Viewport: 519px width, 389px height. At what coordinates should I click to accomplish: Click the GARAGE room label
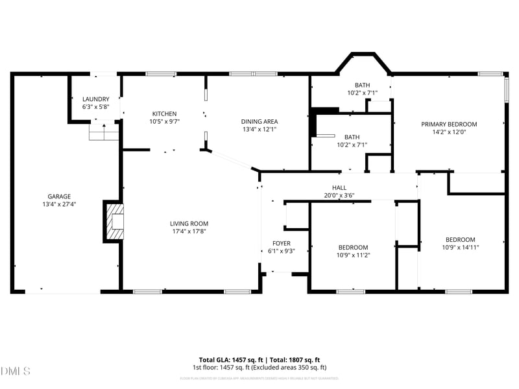59,196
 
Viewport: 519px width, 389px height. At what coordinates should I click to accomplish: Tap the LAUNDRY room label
95,99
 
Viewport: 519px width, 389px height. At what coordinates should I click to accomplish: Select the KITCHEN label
164,113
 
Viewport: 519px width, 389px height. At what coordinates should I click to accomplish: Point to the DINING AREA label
259,121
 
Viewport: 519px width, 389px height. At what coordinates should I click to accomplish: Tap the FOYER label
281,243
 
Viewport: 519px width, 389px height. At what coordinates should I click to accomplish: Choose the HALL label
339,187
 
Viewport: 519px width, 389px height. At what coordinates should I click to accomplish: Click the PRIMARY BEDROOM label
449,124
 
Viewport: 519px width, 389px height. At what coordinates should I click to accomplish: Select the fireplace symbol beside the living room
115,220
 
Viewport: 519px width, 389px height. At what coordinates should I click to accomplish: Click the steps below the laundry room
104,134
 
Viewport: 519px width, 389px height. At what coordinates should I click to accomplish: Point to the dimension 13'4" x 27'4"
59,204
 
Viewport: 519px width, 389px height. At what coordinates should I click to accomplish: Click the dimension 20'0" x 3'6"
339,194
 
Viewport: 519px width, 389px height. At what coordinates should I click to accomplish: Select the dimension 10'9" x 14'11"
460,247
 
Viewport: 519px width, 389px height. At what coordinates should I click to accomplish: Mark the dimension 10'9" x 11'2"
354,255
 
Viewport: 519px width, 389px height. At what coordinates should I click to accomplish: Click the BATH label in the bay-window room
362,86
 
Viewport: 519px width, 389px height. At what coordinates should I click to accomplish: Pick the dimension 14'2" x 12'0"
449,132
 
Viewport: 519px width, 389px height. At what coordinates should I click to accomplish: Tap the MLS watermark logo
16,371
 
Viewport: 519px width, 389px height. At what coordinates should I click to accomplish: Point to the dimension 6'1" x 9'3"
281,251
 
